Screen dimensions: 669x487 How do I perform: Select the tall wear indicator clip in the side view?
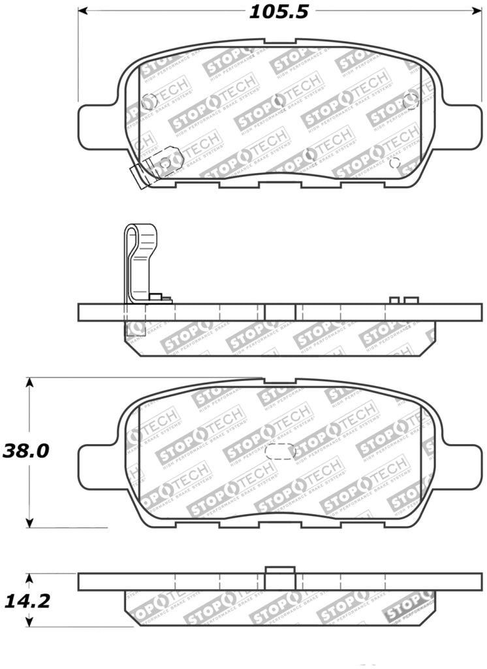coord(141,261)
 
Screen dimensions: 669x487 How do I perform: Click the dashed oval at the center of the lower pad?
coord(281,451)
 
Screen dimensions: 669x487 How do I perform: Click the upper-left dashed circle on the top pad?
coord(148,101)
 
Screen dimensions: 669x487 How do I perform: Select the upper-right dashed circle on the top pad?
coord(411,100)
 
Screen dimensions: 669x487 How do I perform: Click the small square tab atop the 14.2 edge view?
coord(280,570)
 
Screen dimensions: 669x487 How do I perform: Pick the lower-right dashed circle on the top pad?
coord(394,163)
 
